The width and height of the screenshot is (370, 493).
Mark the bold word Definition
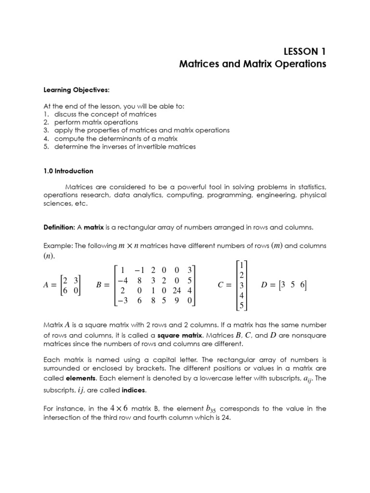coord(59,227)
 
